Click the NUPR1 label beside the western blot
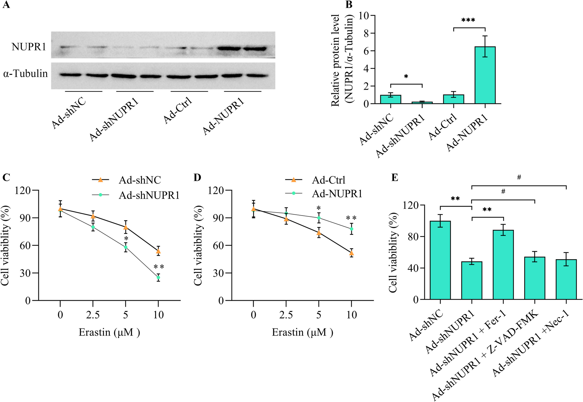(x=28, y=47)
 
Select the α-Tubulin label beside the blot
(x=26, y=74)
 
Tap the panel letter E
(x=395, y=177)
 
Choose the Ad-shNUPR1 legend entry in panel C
(x=149, y=195)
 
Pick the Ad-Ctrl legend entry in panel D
(x=328, y=180)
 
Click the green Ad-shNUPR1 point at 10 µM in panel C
(x=158, y=277)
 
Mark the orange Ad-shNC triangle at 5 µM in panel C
(x=126, y=227)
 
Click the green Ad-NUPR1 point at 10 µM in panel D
(x=352, y=229)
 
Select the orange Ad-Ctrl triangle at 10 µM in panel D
(x=352, y=253)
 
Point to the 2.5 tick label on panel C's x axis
(x=93, y=315)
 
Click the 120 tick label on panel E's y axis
(x=410, y=205)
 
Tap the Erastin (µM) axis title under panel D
(x=302, y=332)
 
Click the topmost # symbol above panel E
(x=519, y=178)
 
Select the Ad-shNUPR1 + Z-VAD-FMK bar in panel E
(x=535, y=278)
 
